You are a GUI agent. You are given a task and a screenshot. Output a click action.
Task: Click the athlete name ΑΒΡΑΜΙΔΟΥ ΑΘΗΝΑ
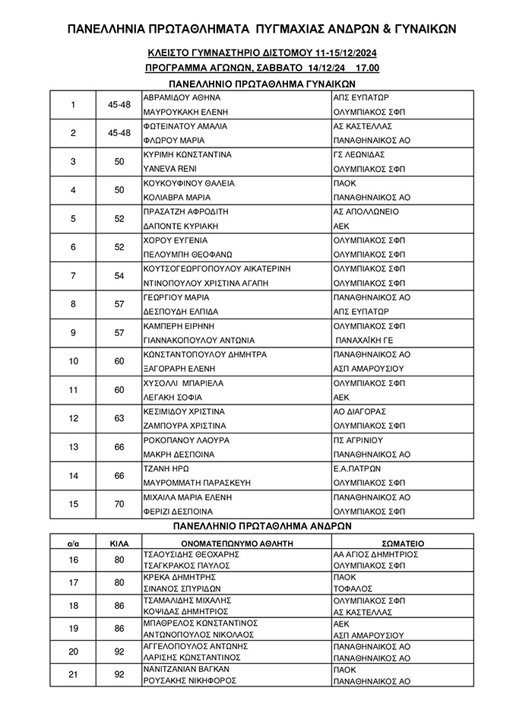[182, 98]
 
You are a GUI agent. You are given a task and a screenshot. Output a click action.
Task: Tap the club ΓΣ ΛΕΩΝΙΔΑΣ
[359, 155]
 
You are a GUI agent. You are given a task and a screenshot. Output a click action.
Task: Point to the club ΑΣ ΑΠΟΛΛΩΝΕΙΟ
[366, 212]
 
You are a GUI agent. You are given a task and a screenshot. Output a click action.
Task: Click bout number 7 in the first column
[73, 276]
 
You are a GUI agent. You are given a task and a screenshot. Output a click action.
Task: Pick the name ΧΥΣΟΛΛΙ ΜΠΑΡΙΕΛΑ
[183, 383]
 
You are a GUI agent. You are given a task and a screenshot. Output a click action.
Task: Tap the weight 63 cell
[119, 419]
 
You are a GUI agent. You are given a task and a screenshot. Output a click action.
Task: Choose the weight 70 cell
[119, 504]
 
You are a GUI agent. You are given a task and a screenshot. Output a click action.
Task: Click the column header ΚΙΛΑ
[119, 544]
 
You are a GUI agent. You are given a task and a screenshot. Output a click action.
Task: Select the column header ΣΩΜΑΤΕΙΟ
[403, 544]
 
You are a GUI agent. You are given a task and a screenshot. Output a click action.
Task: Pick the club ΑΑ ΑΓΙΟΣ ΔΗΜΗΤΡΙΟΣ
[378, 555]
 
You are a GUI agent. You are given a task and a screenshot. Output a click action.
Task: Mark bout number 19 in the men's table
[73, 629]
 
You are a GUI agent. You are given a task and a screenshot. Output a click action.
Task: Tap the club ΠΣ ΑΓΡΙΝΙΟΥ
[358, 440]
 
